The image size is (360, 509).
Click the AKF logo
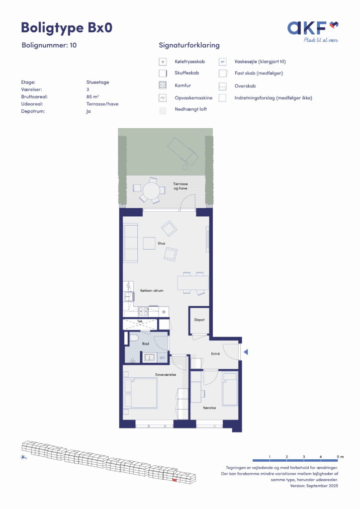click(x=313, y=31)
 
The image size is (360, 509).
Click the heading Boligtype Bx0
click(x=67, y=28)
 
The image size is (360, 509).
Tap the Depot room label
click(x=199, y=320)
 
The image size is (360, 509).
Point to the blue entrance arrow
click(x=246, y=352)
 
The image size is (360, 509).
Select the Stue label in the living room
click(x=161, y=243)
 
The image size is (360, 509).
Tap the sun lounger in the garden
click(x=183, y=151)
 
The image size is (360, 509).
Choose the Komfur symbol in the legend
click(x=163, y=85)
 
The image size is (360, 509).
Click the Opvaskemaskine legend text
click(x=193, y=98)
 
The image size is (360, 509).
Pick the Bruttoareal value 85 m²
click(x=92, y=97)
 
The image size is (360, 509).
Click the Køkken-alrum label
click(x=152, y=290)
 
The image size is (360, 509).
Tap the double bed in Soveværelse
click(x=141, y=393)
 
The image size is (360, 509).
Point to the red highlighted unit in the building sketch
click(x=174, y=480)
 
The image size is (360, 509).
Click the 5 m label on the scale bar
click(x=340, y=457)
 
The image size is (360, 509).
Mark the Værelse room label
click(x=209, y=408)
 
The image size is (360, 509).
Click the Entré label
click(x=215, y=353)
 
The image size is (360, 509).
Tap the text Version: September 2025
click(x=314, y=486)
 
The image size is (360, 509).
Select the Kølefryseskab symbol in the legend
click(x=163, y=62)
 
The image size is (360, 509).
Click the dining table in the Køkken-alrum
click(x=193, y=283)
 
